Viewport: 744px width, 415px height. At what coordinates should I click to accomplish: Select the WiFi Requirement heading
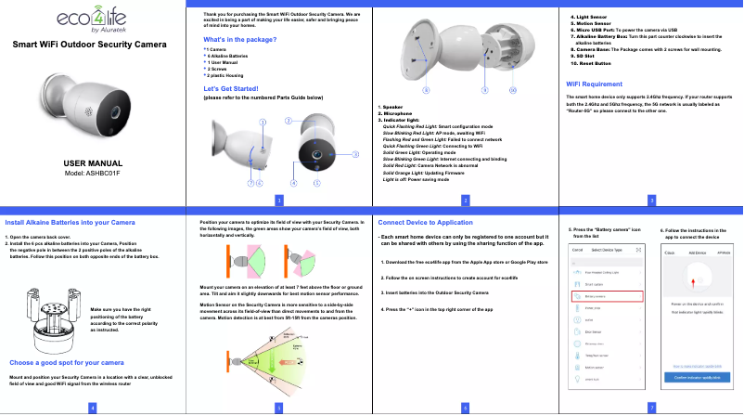(600, 84)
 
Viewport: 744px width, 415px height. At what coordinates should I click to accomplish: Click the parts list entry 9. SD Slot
(585, 56)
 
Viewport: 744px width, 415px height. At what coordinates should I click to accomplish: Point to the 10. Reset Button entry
(592, 63)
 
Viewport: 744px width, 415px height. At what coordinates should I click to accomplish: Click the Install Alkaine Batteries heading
(71, 223)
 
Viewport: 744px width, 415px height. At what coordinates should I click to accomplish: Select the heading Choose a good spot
(67, 361)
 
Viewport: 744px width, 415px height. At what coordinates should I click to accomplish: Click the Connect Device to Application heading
(432, 223)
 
